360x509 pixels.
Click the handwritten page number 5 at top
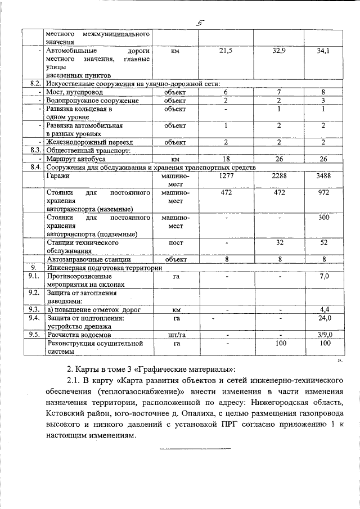199,22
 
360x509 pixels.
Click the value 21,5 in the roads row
225,51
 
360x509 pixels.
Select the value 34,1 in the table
323,51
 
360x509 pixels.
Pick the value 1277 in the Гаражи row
225,177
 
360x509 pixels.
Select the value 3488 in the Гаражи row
323,177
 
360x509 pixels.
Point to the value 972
323,193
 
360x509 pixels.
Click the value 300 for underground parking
323,217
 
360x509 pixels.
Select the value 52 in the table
323,242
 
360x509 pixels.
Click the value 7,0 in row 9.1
323,277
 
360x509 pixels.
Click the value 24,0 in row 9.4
323,317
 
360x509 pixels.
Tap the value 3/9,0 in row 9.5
323,334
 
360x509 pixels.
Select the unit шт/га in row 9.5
175,334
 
